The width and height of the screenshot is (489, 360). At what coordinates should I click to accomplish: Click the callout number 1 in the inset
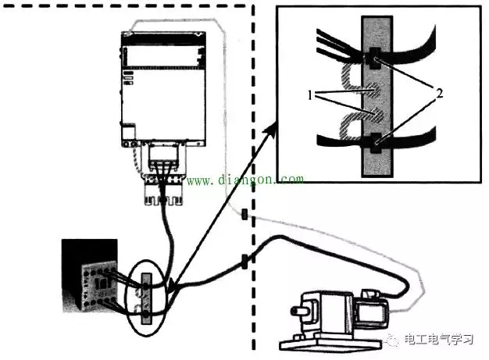coord(309,95)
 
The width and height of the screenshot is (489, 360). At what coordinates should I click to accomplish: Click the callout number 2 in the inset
coord(439,93)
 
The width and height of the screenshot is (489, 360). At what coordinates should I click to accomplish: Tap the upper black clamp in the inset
coord(373,59)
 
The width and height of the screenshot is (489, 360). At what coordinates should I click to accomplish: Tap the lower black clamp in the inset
coord(373,142)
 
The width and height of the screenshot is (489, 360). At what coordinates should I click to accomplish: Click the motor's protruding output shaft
coord(296,311)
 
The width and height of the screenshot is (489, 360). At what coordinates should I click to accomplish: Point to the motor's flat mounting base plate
coord(330,342)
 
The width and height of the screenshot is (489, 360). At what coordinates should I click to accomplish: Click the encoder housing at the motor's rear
coord(373,309)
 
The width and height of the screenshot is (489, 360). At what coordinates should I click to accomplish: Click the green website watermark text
coord(245,180)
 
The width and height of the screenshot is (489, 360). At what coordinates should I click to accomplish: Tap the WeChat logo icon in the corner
coord(393,340)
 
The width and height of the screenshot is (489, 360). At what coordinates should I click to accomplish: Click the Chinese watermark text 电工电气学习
coord(439,340)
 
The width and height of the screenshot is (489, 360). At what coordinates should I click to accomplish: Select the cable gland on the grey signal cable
coord(244,215)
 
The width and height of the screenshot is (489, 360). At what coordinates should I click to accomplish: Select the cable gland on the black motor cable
coord(244,261)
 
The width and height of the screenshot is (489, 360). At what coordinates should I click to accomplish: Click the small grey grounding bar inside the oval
coord(146,298)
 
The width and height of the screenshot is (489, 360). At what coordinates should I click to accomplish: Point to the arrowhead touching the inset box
coord(270,129)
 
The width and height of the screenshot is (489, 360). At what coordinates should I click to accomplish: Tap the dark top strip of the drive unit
coord(164,38)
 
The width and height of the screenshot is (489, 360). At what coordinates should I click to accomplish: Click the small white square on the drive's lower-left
coord(128,132)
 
